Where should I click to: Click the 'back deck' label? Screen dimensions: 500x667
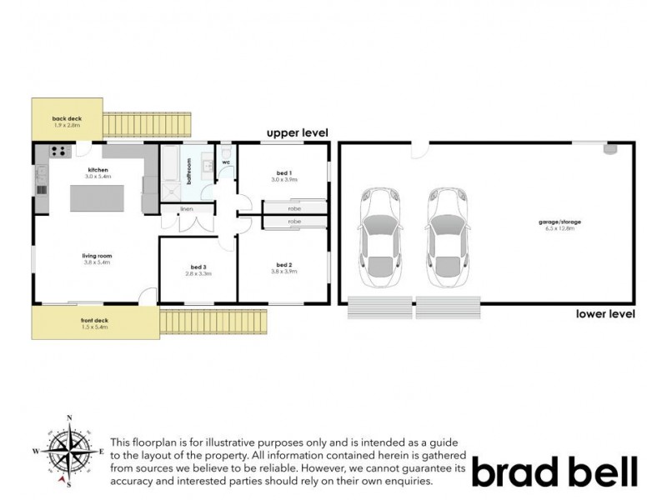(67, 119)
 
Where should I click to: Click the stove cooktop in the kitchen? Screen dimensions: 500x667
(59, 151)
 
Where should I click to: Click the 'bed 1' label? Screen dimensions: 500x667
(283, 172)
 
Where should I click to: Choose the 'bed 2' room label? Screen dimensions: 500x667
(283, 266)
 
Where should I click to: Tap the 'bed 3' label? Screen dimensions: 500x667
(198, 268)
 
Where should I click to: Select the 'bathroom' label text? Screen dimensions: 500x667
(189, 170)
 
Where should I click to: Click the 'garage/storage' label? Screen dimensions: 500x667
(558, 222)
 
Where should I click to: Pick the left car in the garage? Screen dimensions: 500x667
(380, 237)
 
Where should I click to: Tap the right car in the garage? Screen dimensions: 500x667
(447, 237)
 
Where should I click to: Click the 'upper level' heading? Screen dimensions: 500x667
(297, 132)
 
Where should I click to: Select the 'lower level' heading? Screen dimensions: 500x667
(605, 314)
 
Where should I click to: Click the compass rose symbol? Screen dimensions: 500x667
(70, 452)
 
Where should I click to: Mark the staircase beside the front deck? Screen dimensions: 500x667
(213, 321)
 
